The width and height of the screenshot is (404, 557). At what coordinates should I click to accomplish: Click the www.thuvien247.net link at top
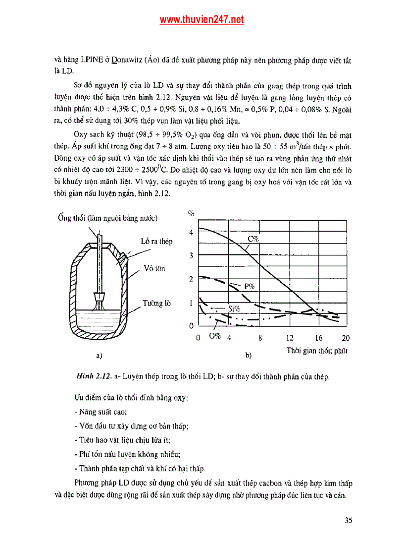(202, 20)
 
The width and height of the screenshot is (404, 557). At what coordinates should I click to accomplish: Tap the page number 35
(348, 520)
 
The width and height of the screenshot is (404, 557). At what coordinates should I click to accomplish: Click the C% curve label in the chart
(253, 239)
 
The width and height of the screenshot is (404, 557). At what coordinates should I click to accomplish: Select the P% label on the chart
(250, 286)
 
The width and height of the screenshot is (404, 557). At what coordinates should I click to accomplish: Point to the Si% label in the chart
(234, 309)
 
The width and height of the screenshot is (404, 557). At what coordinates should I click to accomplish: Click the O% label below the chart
(214, 336)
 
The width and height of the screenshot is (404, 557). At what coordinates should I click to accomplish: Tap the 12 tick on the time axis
(290, 338)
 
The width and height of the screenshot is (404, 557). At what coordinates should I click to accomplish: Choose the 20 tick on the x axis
(345, 338)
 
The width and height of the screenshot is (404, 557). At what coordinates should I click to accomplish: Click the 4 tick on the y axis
(191, 233)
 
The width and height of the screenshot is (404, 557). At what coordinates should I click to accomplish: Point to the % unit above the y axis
(191, 213)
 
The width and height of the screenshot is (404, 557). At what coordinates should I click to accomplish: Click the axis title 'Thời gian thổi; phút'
(317, 351)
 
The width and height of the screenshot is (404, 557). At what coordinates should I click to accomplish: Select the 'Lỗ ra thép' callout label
(156, 242)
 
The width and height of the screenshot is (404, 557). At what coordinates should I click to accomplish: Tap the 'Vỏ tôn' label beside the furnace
(154, 269)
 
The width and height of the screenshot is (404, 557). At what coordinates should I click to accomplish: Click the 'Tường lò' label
(156, 303)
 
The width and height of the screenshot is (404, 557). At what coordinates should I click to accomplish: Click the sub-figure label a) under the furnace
(99, 355)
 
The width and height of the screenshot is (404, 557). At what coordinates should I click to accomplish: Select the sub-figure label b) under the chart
(248, 356)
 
